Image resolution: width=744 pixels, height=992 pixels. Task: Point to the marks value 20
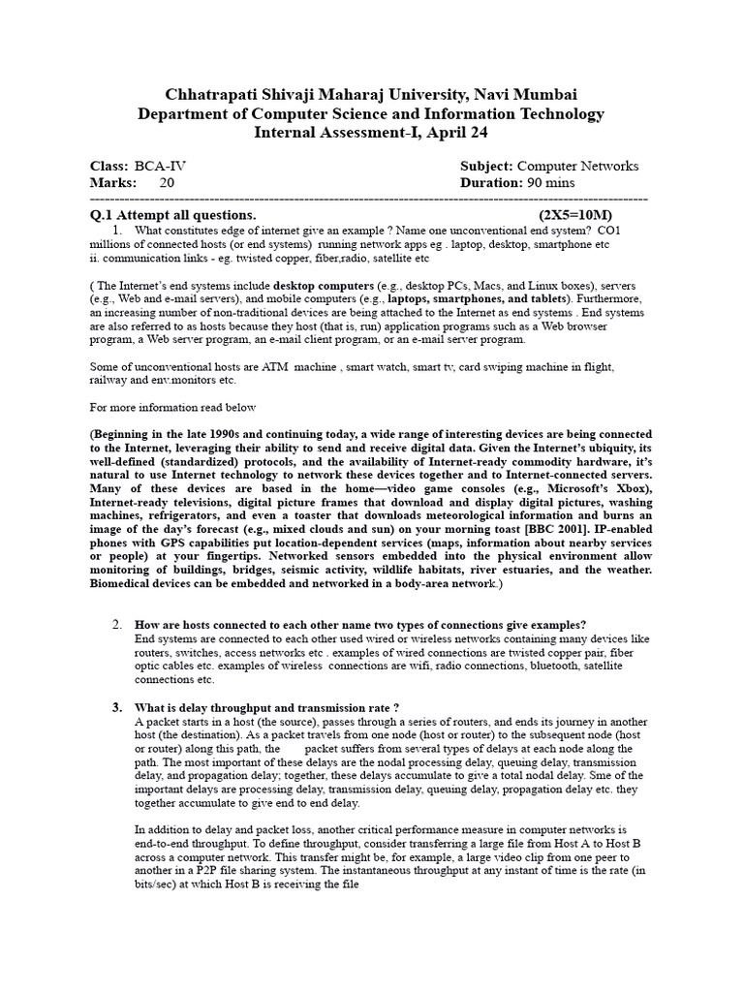(x=167, y=182)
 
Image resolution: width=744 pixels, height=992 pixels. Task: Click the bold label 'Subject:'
(x=487, y=166)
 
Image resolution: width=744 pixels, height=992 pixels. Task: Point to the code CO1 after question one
(x=610, y=231)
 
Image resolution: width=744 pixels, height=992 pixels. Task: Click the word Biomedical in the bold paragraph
(x=125, y=584)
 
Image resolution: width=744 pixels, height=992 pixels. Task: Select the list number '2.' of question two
(x=117, y=624)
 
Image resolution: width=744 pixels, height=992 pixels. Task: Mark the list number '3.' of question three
(x=117, y=707)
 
